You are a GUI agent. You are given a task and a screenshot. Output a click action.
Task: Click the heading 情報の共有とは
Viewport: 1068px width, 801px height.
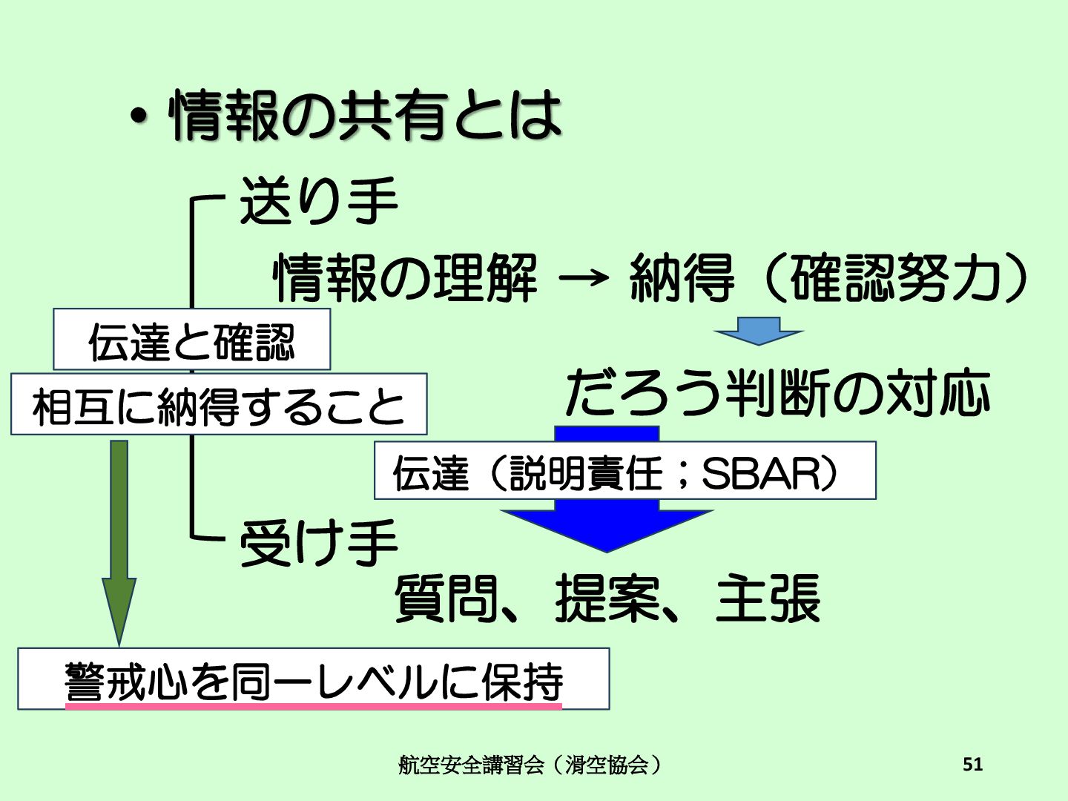coord(366,116)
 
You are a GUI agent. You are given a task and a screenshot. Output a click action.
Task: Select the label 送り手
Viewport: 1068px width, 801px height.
coord(318,201)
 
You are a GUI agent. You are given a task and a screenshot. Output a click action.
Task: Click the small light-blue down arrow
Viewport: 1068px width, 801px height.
coord(758,331)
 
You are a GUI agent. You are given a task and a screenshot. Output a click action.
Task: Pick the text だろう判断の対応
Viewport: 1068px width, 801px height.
coord(778,392)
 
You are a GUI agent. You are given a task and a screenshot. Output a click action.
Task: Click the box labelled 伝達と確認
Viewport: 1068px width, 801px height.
coord(191,340)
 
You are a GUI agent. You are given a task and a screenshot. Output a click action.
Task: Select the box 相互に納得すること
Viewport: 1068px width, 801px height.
coord(219,405)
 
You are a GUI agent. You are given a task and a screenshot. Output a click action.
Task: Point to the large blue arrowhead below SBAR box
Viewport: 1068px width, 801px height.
coord(607,530)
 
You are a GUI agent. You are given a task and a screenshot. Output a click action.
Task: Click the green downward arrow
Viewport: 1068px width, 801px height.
coord(119,541)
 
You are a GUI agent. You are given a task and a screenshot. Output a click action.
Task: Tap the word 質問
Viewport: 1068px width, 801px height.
coord(445,599)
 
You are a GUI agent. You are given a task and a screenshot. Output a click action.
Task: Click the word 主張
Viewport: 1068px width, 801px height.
coord(768,599)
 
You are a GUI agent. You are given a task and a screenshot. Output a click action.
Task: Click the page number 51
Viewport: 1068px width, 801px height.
coord(972,764)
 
